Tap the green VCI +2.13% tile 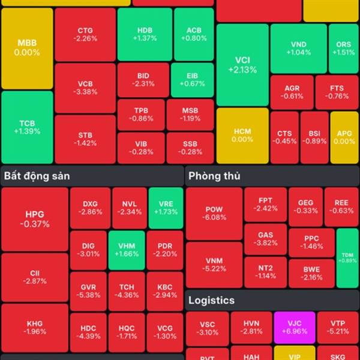pos(242,65)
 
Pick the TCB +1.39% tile pos(27,126)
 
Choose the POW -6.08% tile pos(214,213)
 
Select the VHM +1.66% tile pos(127,250)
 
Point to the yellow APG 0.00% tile pos(344,137)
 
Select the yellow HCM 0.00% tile pos(242,135)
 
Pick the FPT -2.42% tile pos(265,204)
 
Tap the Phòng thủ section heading pos(214,176)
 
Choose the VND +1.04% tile pos(298,48)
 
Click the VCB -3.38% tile pos(85,88)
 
